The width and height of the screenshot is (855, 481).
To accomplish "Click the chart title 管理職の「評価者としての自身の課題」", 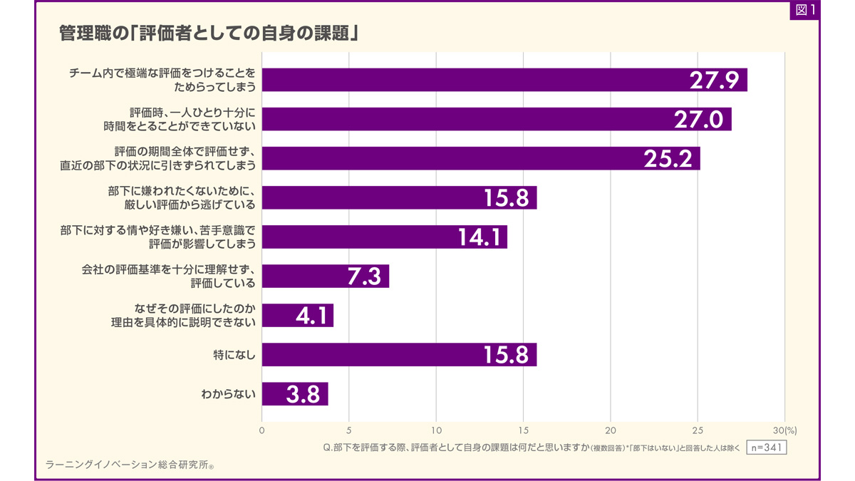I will click(207, 33).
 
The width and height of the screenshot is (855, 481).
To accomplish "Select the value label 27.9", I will click(713, 81).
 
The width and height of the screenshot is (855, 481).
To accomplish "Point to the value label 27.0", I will click(698, 120).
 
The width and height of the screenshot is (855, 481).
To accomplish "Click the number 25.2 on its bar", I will click(668, 159).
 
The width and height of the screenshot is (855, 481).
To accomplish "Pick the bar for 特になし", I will click(399, 355).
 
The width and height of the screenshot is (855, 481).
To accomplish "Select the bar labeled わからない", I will click(295, 394).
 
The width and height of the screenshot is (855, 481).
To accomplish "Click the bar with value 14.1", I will click(385, 237).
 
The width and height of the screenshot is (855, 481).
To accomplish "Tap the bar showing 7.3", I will click(326, 276).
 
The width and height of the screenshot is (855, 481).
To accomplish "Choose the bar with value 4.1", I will click(298, 316).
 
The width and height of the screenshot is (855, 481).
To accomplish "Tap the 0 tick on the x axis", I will click(261, 430).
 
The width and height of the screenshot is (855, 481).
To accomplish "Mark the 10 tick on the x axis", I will click(436, 430).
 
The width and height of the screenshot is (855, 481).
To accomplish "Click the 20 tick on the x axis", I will click(611, 430).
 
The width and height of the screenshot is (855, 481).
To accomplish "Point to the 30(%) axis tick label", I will click(786, 430).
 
